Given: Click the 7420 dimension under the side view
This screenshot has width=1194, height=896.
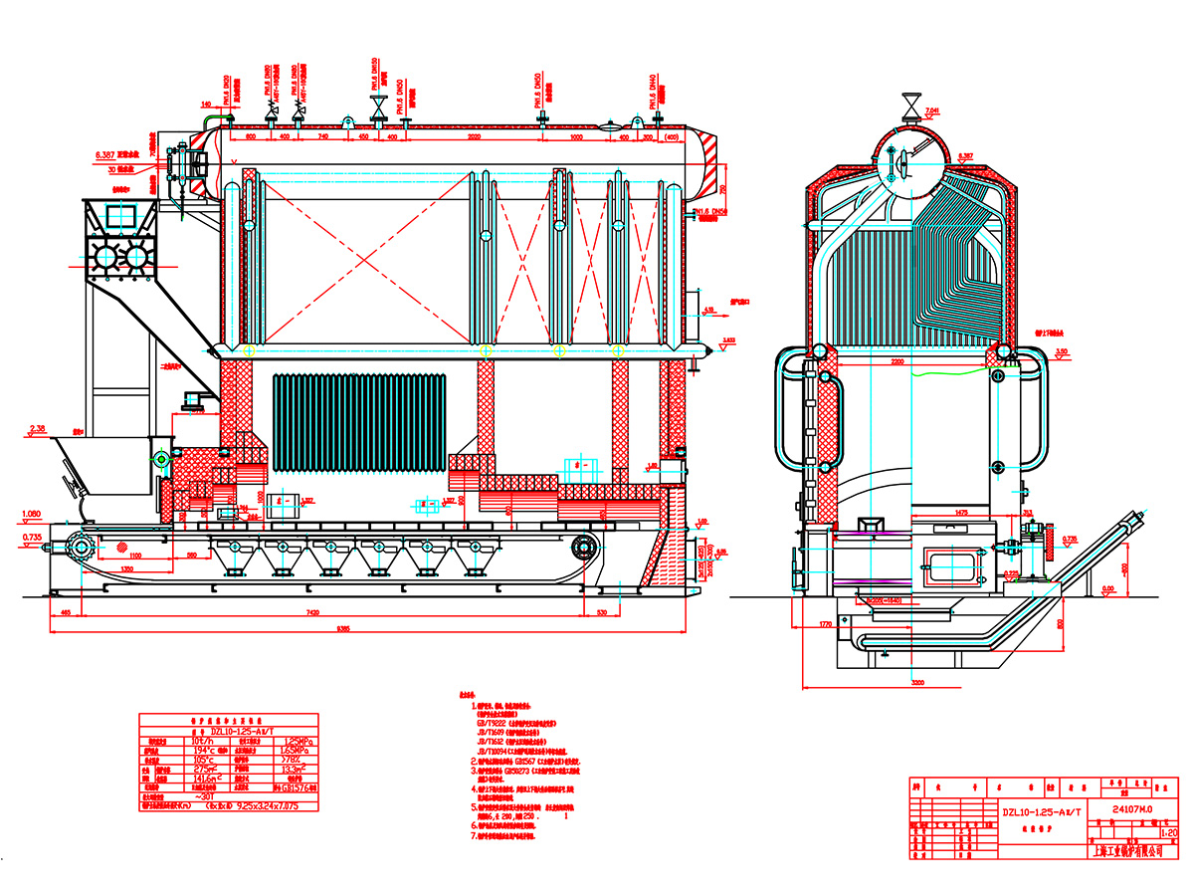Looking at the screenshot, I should (313, 615).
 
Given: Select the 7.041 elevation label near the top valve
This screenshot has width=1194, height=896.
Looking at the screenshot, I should (932, 110).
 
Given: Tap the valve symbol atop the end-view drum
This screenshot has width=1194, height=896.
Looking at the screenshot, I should (909, 104).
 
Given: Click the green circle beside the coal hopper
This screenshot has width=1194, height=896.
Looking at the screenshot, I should (160, 458).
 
